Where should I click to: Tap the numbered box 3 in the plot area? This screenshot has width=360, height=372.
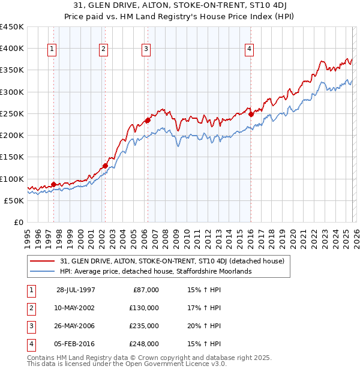click(146, 49)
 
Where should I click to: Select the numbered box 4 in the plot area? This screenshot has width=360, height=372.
click(249, 49)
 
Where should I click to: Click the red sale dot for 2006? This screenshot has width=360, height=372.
click(148, 120)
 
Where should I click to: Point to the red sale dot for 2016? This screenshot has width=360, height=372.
click(251, 114)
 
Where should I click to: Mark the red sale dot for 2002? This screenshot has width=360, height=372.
click(105, 166)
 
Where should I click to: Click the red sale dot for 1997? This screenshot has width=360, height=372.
click(54, 184)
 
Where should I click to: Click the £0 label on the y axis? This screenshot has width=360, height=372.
click(19, 222)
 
